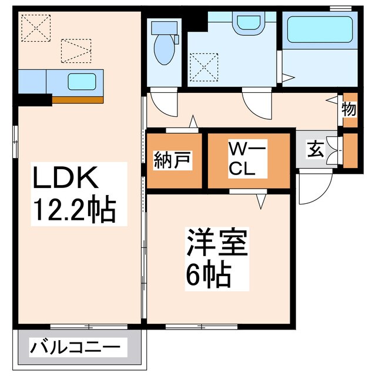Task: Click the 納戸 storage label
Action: point(174,160)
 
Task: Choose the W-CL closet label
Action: point(249,160)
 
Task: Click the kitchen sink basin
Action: point(78,81)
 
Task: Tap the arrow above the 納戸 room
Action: point(193,123)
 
